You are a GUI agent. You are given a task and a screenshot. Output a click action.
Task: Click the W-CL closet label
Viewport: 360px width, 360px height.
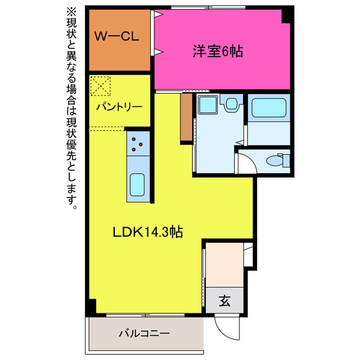tap(116, 38)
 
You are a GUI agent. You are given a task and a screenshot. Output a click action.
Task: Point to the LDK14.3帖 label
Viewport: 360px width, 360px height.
tap(147, 232)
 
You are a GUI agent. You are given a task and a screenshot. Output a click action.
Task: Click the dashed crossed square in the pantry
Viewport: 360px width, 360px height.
tap(101, 86)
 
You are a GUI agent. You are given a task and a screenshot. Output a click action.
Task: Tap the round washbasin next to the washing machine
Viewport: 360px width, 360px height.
tap(231, 103)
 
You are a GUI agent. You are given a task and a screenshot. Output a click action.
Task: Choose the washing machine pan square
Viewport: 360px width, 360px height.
tap(208, 105)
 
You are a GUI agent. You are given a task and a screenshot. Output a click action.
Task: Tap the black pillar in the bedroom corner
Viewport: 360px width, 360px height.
tap(287, 16)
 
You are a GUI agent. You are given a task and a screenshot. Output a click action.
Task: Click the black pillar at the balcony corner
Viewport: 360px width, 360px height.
tap(91, 307)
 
